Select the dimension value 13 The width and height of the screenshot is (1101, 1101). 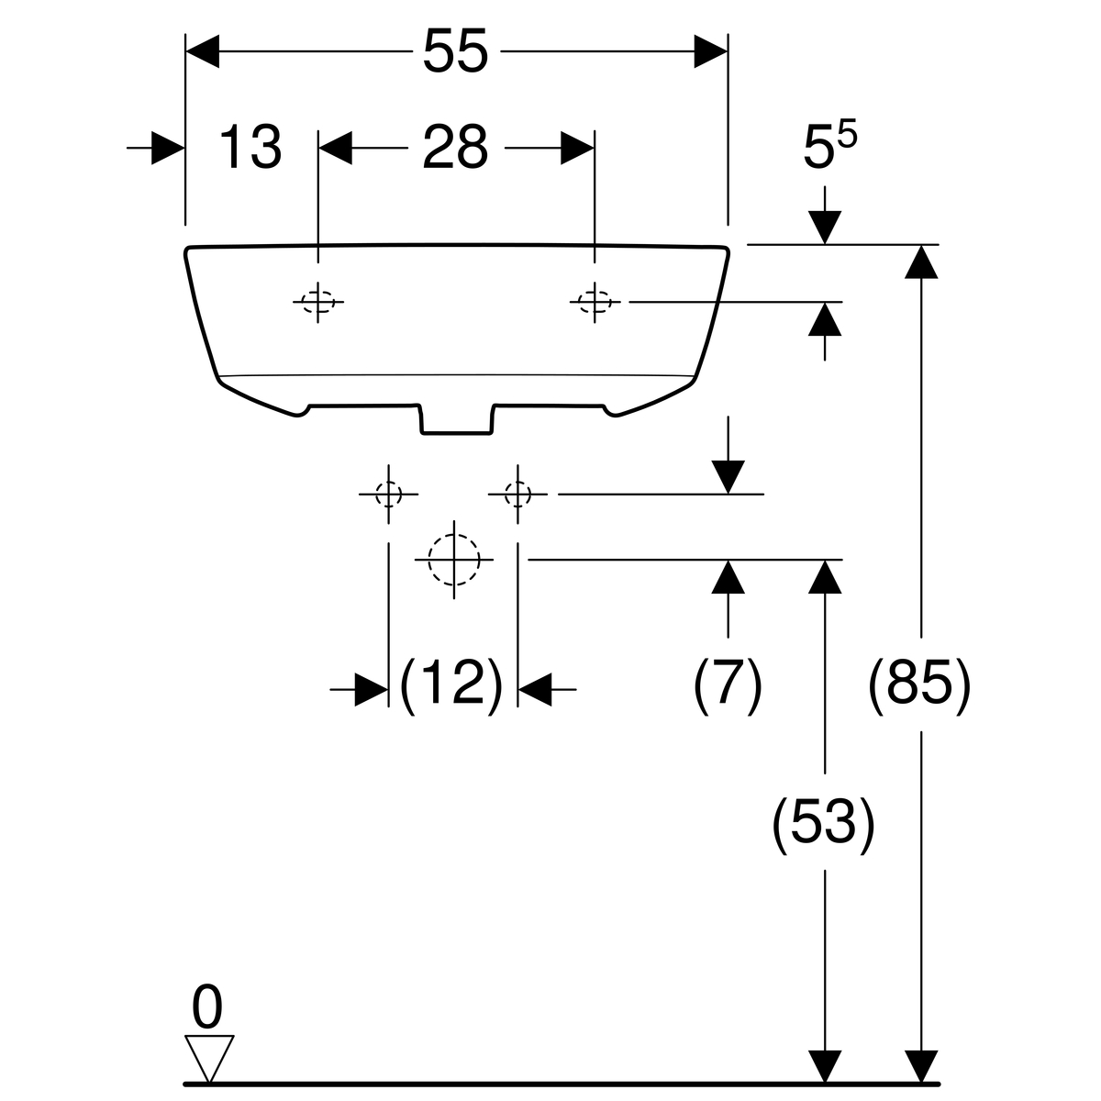(x=250, y=148)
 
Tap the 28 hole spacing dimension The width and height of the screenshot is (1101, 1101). (x=455, y=148)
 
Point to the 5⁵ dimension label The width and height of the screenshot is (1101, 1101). (x=829, y=147)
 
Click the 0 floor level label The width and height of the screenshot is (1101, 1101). (x=207, y=1009)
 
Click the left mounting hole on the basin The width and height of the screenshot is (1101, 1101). (x=318, y=301)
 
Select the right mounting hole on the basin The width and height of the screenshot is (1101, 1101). (x=595, y=301)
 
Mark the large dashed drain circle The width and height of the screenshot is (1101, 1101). (x=453, y=559)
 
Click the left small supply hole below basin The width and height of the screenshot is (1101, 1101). (x=388, y=495)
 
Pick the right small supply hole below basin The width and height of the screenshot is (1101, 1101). (x=518, y=495)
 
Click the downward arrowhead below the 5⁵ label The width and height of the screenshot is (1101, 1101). (x=825, y=227)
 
